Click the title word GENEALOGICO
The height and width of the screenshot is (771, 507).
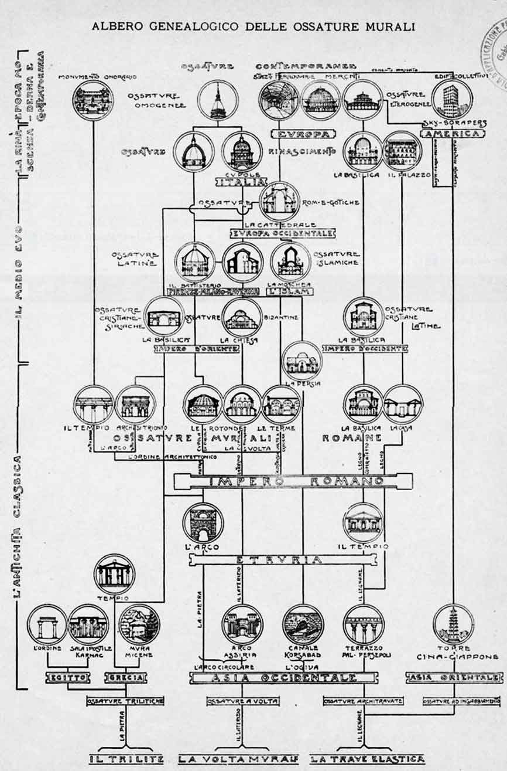(x=193, y=26)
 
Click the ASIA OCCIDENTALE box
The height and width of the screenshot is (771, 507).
(x=282, y=678)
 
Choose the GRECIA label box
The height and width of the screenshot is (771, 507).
(x=124, y=678)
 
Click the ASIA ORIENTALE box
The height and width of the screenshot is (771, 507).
(x=453, y=678)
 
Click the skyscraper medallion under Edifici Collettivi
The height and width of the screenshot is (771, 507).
(x=451, y=99)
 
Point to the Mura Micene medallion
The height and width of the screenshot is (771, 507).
(x=139, y=624)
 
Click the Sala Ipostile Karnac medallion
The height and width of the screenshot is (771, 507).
(x=88, y=624)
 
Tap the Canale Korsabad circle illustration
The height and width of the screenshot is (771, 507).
(x=303, y=624)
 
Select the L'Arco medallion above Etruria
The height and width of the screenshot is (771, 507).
(x=203, y=522)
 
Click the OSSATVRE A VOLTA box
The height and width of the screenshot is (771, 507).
(x=242, y=701)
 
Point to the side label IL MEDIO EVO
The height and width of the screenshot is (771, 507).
(x=19, y=270)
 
